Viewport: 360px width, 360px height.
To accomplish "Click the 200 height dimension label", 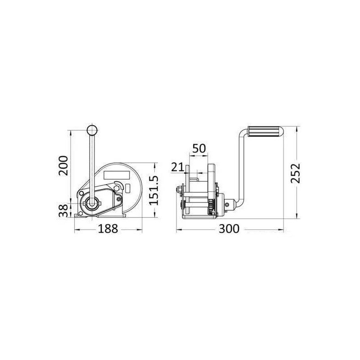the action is pyautogui.click(x=63, y=166).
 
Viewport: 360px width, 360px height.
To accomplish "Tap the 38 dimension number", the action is pyautogui.click(x=63, y=211).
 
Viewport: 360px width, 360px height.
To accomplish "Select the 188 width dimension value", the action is pyautogui.click(x=108, y=229).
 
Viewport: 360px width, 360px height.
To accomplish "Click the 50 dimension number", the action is pyautogui.click(x=199, y=148).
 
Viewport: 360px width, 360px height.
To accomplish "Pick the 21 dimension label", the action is pyautogui.click(x=178, y=167).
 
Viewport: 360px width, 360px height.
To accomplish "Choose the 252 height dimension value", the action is pyautogui.click(x=296, y=173).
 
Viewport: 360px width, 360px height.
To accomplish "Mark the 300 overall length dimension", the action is pyautogui.click(x=229, y=229).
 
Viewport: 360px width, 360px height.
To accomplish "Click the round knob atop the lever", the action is pyautogui.click(x=92, y=130).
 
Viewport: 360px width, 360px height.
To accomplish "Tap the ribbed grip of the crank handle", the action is pyautogui.click(x=265, y=132).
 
